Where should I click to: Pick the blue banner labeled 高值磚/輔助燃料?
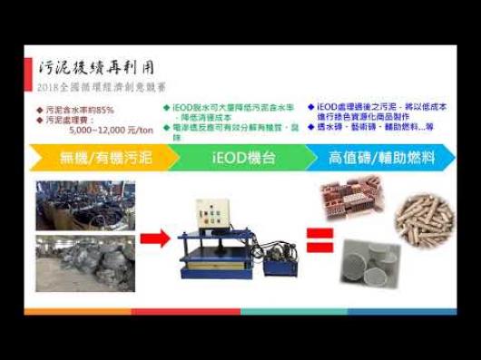[x=381, y=158]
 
